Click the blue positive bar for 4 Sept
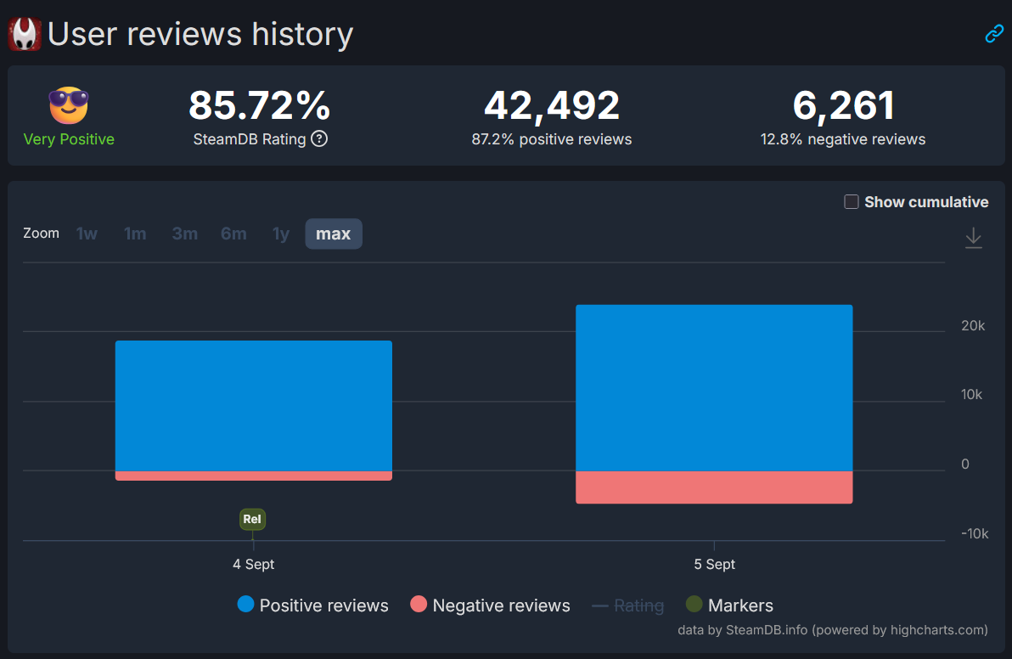[253, 405]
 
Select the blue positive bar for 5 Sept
[713, 387]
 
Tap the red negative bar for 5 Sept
[713, 487]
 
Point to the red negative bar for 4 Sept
[253, 476]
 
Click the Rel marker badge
[252, 519]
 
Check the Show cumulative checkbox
[852, 202]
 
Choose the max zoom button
[333, 234]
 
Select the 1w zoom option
[87, 234]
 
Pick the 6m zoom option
[233, 234]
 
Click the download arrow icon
[973, 238]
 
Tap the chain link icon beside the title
[993, 34]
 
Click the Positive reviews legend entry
[313, 605]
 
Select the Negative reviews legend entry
[490, 605]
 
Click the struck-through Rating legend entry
[627, 605]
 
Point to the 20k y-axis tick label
[973, 326]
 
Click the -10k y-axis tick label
[974, 533]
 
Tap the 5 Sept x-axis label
[714, 564]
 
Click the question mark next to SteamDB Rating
[319, 138]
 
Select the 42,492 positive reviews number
[552, 106]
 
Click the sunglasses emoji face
[69, 105]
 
